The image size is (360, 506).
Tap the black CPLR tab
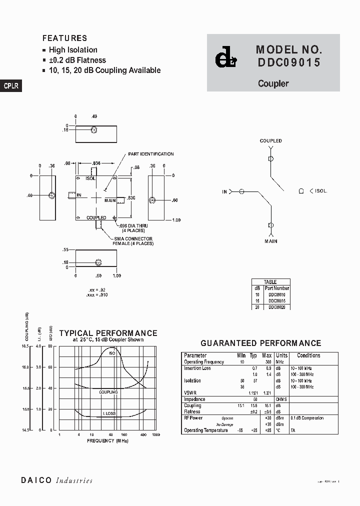pos(10,86)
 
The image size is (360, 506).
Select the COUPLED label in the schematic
pos(270,141)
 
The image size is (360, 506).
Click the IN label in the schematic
pos(224,191)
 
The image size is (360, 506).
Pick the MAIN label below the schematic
pos(271,241)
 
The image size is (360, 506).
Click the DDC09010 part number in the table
pos(277,294)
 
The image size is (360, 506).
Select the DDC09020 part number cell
pos(277,307)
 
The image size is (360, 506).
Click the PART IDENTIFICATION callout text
pos(151,154)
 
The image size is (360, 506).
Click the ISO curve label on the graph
pos(112,353)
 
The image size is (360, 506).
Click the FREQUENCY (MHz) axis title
pos(107,440)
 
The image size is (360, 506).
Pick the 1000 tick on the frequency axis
pos(155,435)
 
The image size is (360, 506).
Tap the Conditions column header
pos(308,355)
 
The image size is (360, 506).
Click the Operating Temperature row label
pos(206,430)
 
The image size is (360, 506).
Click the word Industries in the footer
pos(74,480)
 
